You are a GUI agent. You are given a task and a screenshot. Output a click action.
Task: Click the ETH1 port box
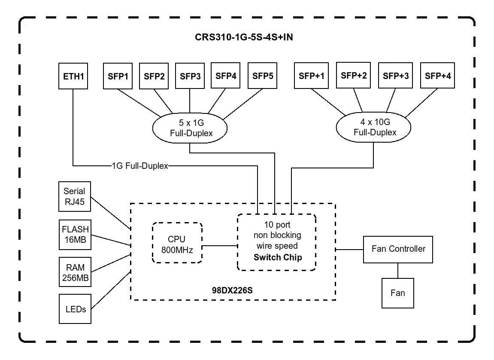[x=73, y=76]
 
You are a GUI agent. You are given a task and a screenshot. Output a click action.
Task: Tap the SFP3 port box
[x=190, y=76]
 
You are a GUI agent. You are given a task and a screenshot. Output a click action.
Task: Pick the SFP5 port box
[x=263, y=76]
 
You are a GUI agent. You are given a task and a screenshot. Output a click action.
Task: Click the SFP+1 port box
[x=311, y=76]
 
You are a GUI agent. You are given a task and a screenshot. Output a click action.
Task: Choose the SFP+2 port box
[x=354, y=76]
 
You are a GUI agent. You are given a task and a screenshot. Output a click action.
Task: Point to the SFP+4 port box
[x=438, y=76]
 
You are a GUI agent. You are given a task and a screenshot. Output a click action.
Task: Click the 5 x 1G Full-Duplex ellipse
[x=190, y=128]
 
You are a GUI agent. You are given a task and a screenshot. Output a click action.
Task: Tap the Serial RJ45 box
[x=74, y=196]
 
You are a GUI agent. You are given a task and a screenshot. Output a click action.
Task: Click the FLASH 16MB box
[x=75, y=235]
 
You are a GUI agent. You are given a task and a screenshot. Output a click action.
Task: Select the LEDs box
[x=76, y=308]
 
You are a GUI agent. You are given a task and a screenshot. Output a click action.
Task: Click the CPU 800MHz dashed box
[x=177, y=243]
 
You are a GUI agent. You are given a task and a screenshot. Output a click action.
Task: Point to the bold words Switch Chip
[x=277, y=257]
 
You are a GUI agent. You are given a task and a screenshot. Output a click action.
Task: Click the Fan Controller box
[x=398, y=249]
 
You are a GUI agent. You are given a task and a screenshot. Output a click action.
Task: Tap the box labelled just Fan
[x=397, y=293]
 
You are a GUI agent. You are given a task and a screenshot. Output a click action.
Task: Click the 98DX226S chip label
[x=233, y=290]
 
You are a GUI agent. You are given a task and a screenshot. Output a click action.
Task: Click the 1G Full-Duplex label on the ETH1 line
[x=139, y=166]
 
